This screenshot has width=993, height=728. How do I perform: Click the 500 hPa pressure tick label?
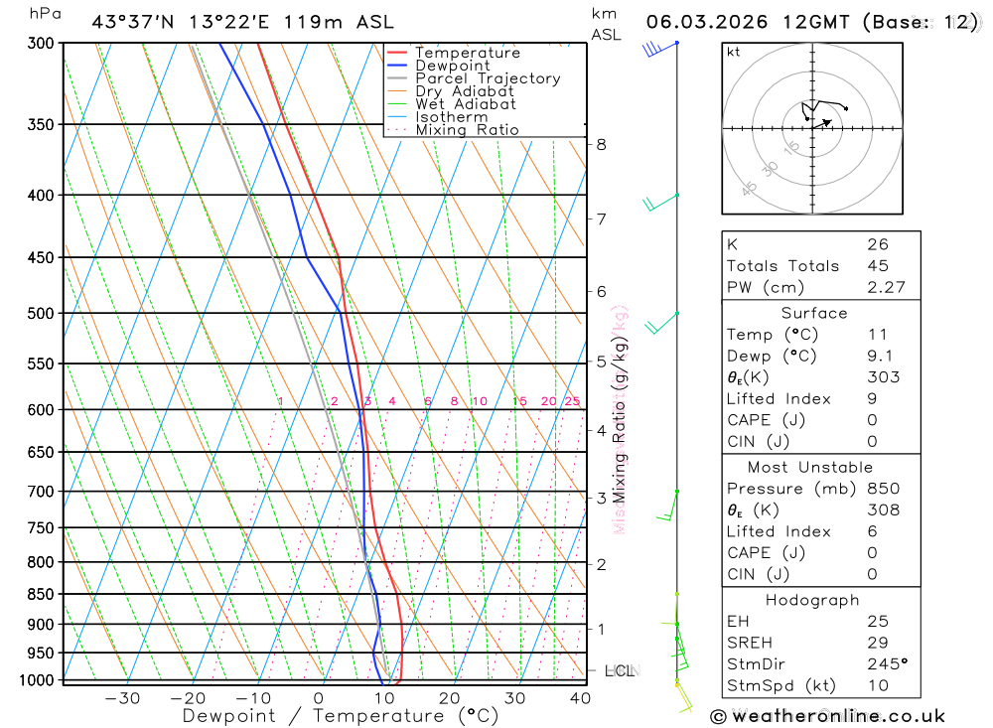point(42,314)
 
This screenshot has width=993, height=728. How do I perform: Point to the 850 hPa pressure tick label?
point(42,595)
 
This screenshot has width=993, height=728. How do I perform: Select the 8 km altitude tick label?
point(601,144)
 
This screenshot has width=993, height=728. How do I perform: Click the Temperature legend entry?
point(467,53)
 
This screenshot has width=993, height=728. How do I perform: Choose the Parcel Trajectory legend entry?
point(488,78)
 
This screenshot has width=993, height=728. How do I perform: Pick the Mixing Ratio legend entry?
point(467,130)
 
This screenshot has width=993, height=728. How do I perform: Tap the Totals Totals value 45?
point(877,266)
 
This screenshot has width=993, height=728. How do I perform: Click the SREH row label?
point(751,643)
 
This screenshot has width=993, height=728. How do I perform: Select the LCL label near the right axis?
point(620,671)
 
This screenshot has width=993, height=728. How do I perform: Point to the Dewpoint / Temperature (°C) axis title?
point(340,716)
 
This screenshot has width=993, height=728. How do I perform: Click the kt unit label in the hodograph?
point(734,52)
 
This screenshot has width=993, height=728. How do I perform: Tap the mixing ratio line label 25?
point(572,401)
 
